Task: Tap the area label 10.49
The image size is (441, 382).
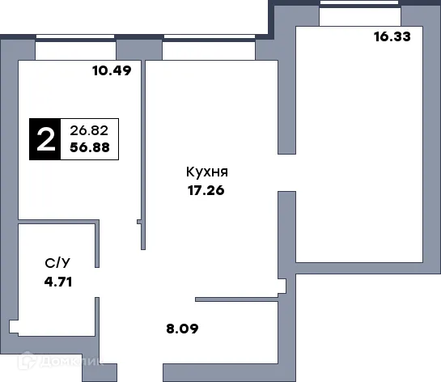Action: (x=112, y=70)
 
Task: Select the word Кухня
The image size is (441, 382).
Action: (x=206, y=173)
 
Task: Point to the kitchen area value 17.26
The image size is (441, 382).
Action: (x=205, y=192)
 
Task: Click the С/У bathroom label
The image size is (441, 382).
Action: (x=56, y=263)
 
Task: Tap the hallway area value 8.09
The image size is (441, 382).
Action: (x=181, y=329)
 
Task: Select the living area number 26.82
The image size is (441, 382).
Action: (x=89, y=129)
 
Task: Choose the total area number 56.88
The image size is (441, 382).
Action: (x=89, y=148)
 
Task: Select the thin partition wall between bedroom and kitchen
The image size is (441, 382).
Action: (x=143, y=162)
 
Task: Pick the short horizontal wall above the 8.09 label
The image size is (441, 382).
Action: (x=238, y=298)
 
